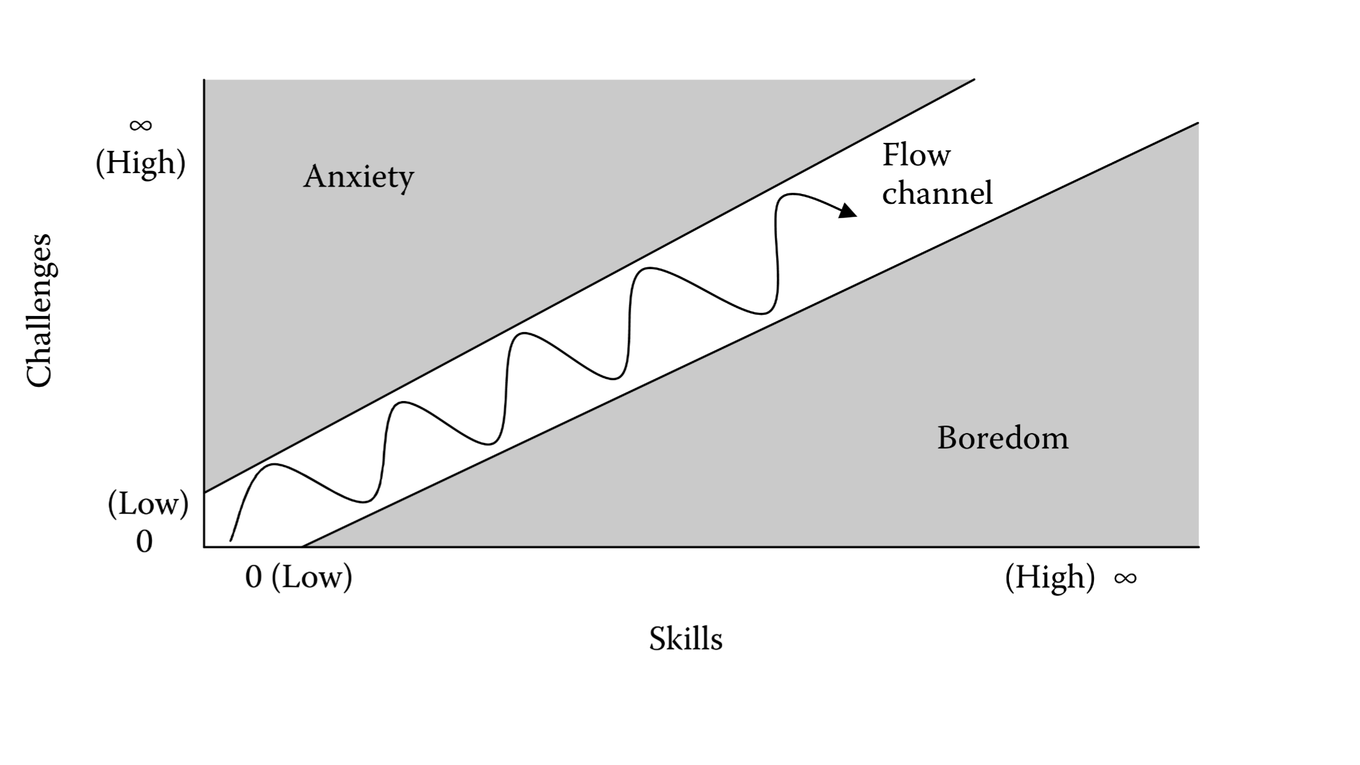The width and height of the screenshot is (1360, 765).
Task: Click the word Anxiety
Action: coord(358,177)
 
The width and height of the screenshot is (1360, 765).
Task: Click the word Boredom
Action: coord(1002,439)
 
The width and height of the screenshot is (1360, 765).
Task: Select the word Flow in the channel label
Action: coord(916,155)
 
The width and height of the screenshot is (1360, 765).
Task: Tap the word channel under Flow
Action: coord(937,193)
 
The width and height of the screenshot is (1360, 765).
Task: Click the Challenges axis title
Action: coord(39,310)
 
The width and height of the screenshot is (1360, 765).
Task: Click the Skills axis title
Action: coord(685,639)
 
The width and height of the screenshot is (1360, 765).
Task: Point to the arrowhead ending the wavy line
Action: coord(849,211)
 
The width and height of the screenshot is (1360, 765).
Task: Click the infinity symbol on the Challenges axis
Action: coord(140,126)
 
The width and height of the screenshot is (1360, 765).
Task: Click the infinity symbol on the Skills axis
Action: coord(1125,578)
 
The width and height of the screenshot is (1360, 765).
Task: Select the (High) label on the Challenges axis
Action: coord(140,163)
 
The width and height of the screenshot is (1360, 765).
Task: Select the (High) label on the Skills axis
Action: coord(1050,578)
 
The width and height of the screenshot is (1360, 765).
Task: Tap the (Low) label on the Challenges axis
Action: coord(148,504)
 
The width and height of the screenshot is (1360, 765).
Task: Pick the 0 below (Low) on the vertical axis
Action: coord(144,542)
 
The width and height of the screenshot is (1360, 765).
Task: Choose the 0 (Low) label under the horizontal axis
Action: coord(299,578)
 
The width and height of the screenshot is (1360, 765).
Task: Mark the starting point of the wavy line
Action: coord(230,541)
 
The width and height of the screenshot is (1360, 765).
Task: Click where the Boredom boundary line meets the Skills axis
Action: coord(303,546)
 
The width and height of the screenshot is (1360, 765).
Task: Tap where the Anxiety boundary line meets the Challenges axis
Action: coord(204,492)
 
